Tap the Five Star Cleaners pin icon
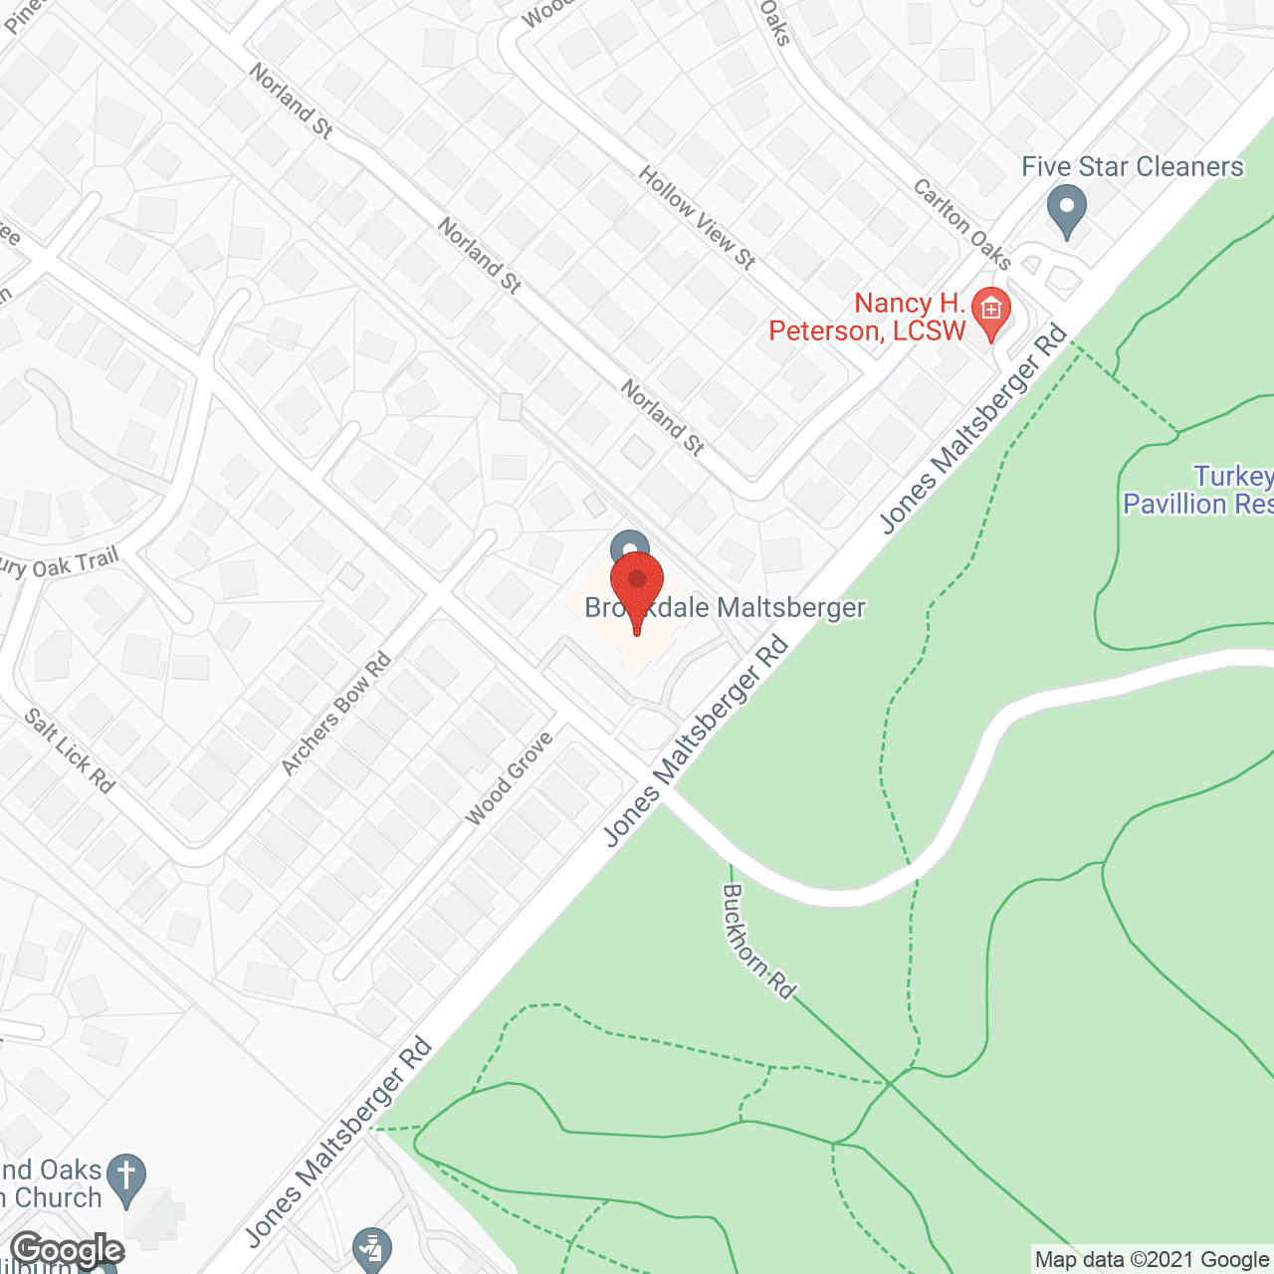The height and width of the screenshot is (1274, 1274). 1067,209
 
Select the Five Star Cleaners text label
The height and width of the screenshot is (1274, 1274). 1133,167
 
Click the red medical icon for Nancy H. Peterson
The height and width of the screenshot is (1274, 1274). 990,310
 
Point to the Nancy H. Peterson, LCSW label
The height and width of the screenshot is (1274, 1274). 868,318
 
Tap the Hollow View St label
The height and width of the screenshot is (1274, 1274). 697,218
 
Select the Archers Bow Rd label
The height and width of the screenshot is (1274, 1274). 336,713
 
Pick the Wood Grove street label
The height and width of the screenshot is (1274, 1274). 509,779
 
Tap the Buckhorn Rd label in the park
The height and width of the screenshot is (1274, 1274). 758,942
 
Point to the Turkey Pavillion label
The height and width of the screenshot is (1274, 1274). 1198,491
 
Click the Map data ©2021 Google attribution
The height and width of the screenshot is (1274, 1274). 1152,1260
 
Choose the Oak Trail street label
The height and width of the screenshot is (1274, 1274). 60,565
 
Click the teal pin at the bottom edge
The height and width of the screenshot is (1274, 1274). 372,1248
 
